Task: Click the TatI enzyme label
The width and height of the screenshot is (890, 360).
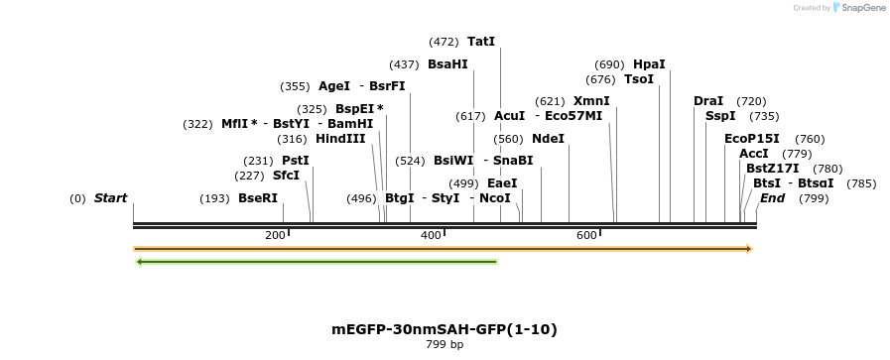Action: (480, 42)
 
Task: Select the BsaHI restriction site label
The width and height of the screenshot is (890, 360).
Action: (446, 64)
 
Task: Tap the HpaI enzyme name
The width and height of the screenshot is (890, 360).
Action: (649, 64)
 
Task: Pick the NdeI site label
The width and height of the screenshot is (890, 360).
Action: (548, 139)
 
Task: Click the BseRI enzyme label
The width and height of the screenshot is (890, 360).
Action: (258, 198)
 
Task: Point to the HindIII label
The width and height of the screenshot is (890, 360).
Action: (340, 139)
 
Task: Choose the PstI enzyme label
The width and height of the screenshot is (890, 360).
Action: (296, 161)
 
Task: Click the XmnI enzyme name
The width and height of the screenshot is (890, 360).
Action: (591, 101)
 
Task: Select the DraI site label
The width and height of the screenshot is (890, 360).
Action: (708, 101)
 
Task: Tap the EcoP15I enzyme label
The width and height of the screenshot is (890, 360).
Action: (752, 139)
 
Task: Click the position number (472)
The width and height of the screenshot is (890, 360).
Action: (444, 42)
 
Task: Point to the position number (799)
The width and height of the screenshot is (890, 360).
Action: (814, 198)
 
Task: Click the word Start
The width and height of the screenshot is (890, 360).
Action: (110, 198)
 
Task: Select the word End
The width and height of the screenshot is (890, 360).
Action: (773, 198)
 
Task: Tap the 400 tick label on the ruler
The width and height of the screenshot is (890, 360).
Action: (431, 235)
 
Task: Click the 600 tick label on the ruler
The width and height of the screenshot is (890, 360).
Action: (586, 235)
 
